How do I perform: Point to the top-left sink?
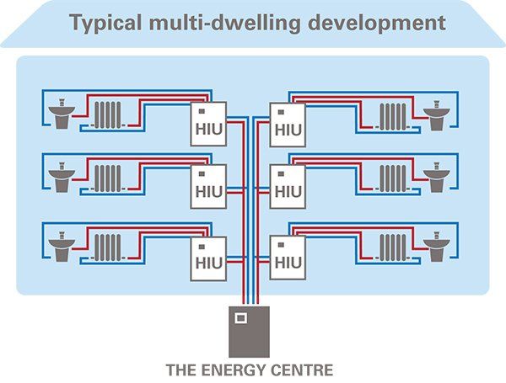tap(62, 116)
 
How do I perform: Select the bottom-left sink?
tap(62, 246)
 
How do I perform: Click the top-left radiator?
tap(107, 115)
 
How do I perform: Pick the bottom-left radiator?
tap(107, 247)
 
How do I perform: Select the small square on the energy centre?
tap(240, 318)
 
